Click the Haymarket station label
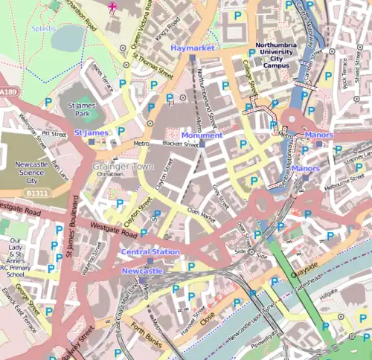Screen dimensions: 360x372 tap(193, 48)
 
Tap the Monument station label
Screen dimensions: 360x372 tap(202, 135)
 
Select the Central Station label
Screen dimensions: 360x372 tap(150, 252)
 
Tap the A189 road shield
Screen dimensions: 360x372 tap(7, 92)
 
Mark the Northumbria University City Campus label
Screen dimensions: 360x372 tap(283, 54)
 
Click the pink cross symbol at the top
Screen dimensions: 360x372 tap(112, 7)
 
